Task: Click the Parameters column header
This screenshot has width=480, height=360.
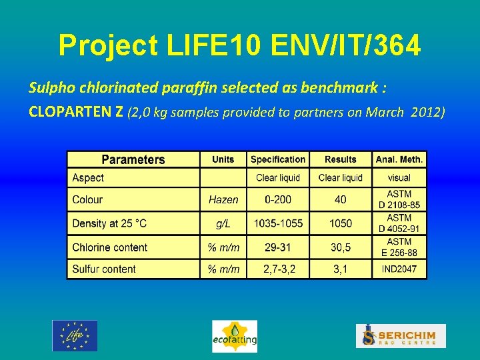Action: coord(133,159)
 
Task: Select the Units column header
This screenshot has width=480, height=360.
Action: coord(223,159)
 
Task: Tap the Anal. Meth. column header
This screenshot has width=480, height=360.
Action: coord(399,159)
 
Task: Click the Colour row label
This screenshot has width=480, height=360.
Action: coord(87,199)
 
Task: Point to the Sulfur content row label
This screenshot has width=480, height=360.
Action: coord(104,269)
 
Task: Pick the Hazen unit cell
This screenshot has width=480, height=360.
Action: coord(223,199)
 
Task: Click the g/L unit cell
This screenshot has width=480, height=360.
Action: coord(223,223)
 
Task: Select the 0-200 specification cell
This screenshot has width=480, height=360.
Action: coord(278,199)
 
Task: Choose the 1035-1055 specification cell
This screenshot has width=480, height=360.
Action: coord(278,223)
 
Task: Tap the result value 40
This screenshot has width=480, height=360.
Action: coord(341,199)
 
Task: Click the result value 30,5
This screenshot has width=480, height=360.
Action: coord(341,247)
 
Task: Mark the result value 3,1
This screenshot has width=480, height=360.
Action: coord(341,269)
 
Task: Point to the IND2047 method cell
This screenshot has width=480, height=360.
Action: coord(399,269)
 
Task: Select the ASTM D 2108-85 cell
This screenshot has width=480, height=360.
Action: coord(399,199)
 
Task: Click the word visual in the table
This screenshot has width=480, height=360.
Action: coord(399,178)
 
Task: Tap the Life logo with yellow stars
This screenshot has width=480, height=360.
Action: coord(75,335)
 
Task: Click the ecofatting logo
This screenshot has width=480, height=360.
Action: coord(235,336)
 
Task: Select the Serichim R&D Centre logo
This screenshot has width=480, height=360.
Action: coord(401,335)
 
